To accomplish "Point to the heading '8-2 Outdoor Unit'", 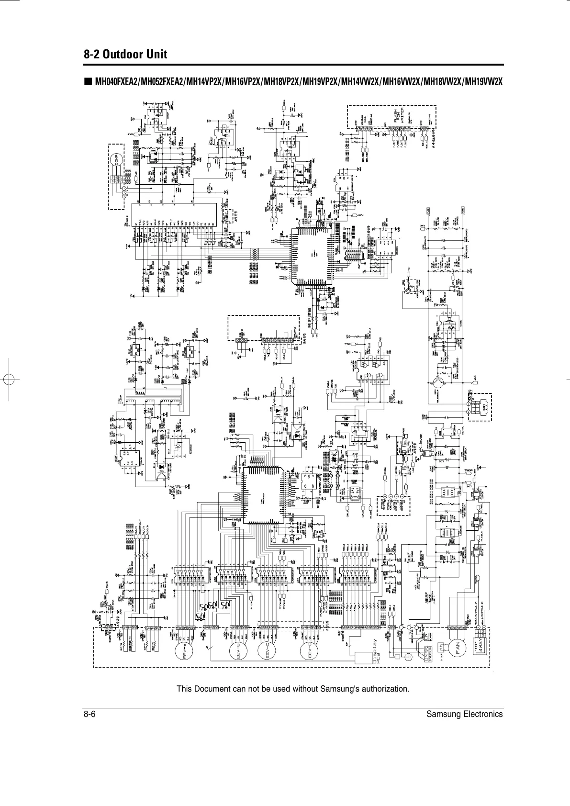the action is (125, 54).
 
